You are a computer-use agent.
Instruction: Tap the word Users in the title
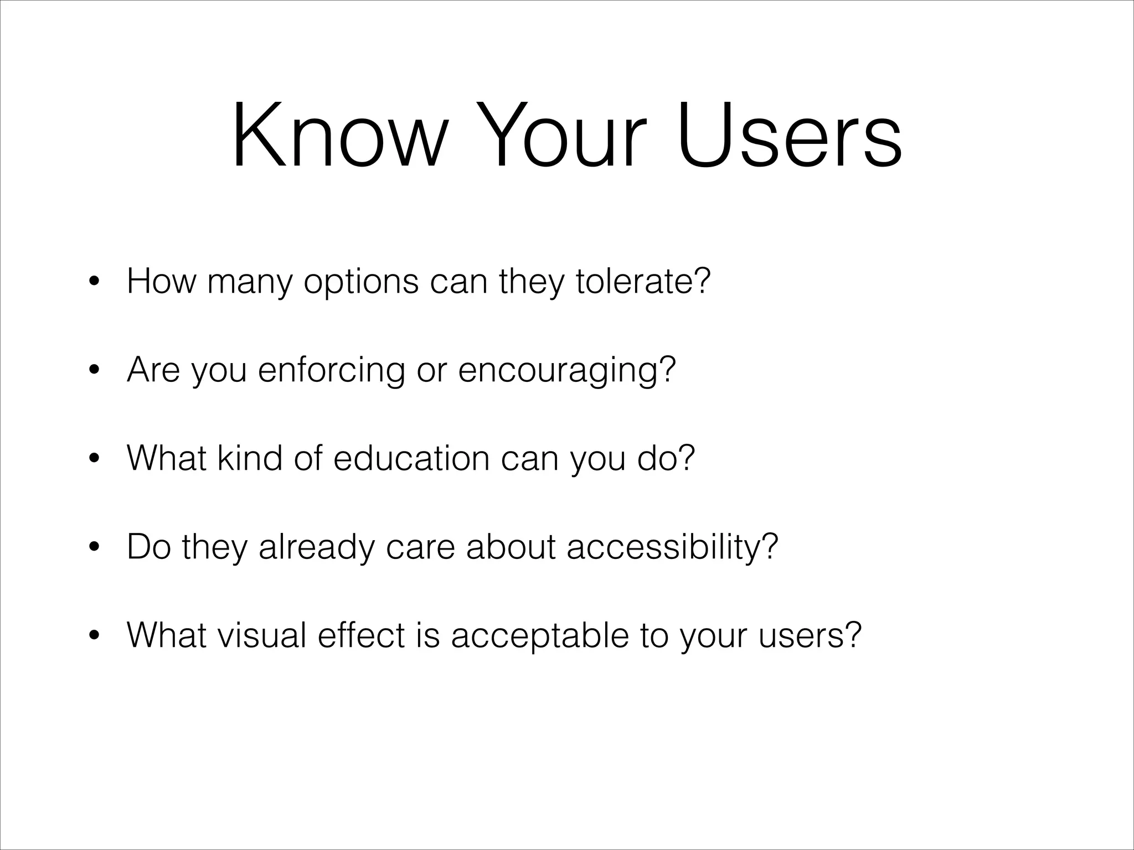[x=790, y=136]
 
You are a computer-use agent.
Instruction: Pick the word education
[x=411, y=458]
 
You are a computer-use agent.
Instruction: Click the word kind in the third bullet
[x=250, y=458]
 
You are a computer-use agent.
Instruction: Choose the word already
[x=316, y=548]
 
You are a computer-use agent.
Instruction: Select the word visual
[x=261, y=635]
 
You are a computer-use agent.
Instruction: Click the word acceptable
[x=540, y=636]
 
